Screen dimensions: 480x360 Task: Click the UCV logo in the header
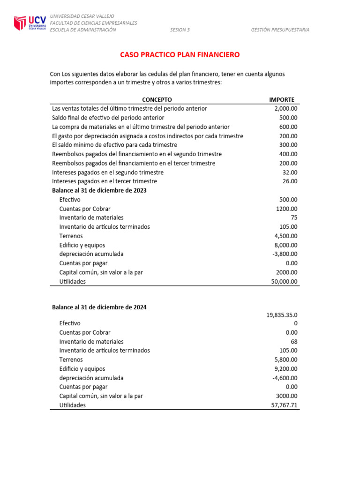(30, 23)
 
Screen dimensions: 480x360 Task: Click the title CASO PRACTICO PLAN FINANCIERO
(180, 55)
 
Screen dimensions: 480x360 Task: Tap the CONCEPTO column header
(157, 99)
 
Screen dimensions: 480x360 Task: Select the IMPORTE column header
(281, 99)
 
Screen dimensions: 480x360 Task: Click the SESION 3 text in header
(180, 30)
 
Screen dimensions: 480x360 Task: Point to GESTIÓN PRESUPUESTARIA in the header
(280, 30)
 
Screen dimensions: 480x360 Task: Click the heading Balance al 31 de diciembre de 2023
(99, 190)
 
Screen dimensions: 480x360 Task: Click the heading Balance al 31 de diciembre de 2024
(99, 307)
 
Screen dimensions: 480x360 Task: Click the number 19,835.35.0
(282, 315)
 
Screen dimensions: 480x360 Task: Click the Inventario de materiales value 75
(293, 217)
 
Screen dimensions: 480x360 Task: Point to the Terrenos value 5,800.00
(285, 360)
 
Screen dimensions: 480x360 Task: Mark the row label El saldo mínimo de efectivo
(114, 145)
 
